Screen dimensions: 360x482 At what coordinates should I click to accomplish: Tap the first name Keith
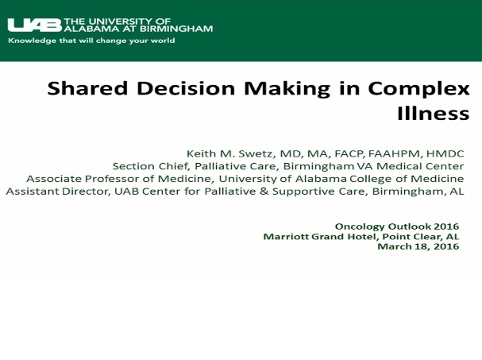point(200,153)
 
